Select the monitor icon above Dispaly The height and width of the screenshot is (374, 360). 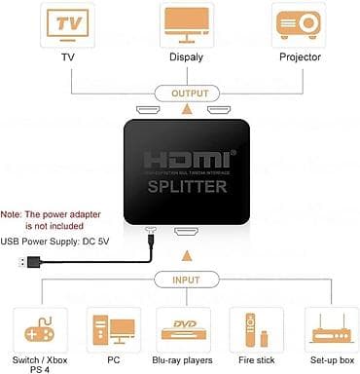point(184,27)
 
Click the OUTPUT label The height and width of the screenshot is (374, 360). point(184,94)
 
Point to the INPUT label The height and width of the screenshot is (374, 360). point(185,280)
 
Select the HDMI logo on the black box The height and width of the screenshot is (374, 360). point(185,158)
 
